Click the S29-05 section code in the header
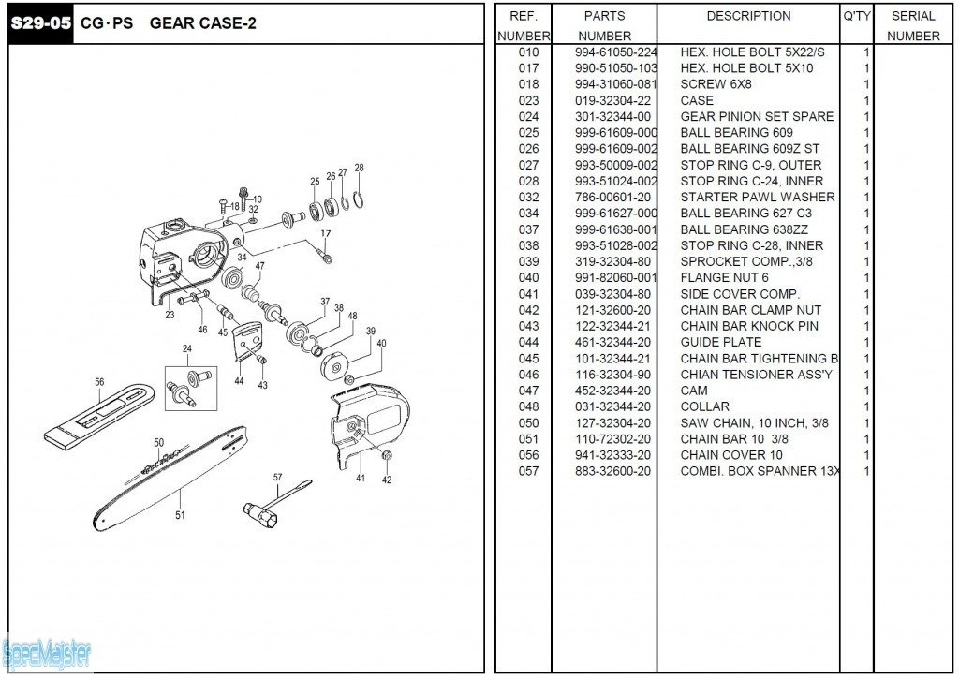pos(40,23)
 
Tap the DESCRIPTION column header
pos(748,16)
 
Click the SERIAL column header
pos(913,16)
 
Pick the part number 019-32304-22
pos(612,100)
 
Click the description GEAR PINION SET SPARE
pos(757,116)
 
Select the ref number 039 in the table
pos(528,261)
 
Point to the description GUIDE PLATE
pos(721,342)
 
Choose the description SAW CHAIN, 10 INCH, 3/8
pos(754,422)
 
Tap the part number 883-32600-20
pos(612,471)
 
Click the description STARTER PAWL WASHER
pos(758,197)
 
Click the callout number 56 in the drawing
pos(99,381)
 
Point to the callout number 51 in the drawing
pos(180,513)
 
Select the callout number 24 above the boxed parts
pos(186,348)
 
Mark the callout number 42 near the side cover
pos(387,480)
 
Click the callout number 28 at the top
pos(359,169)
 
